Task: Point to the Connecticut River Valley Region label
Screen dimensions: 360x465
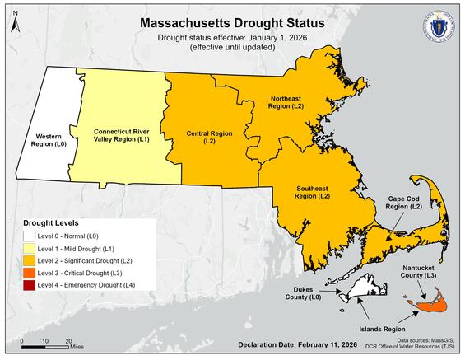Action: point(122,135)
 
